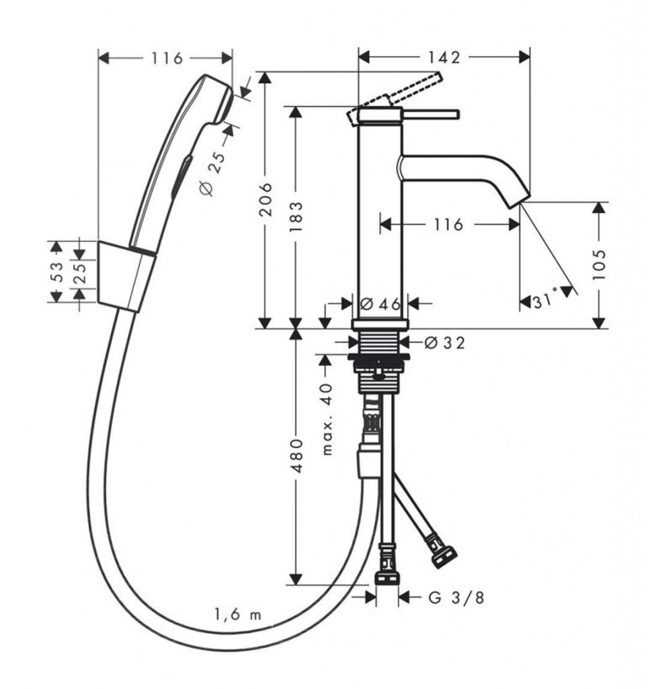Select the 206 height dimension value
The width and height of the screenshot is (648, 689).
(x=266, y=199)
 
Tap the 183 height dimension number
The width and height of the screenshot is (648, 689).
(x=296, y=217)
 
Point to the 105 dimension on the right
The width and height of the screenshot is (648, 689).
(x=599, y=264)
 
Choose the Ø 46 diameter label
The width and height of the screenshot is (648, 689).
(x=380, y=303)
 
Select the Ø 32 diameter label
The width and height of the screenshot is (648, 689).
(x=444, y=342)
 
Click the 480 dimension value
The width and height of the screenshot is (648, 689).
(x=298, y=455)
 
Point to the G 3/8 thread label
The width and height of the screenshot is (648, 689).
(x=456, y=597)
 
